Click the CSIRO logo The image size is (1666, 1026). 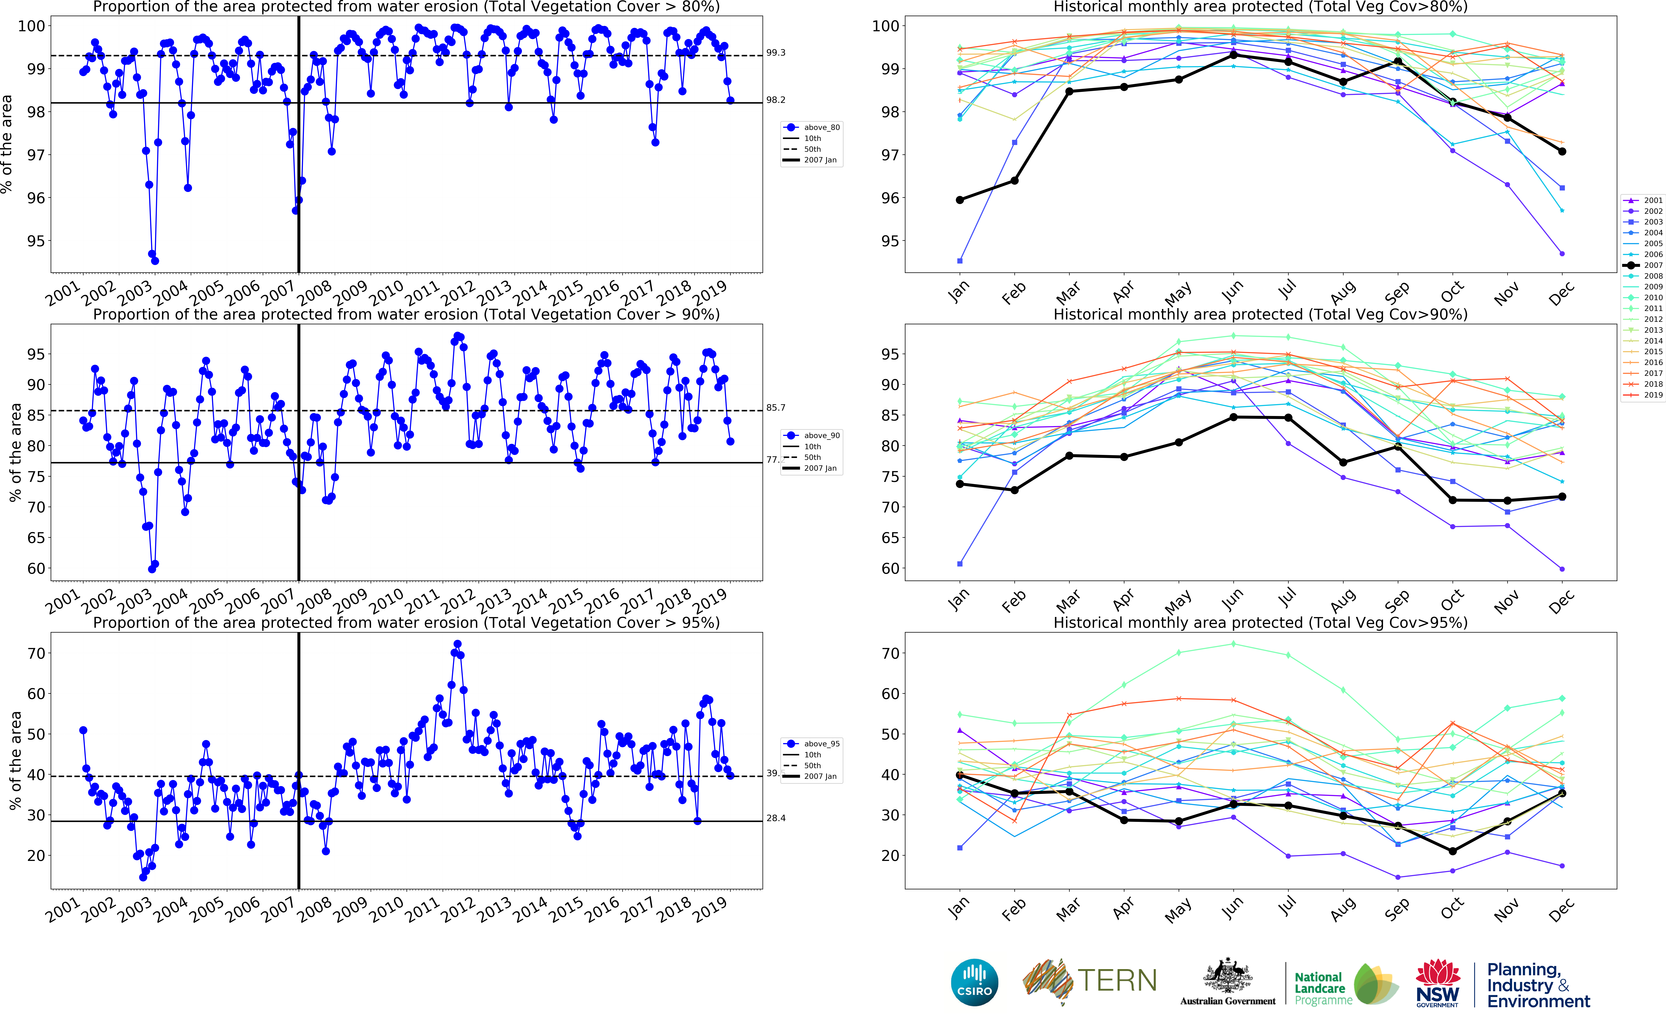click(x=975, y=983)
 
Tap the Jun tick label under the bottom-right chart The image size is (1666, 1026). click(x=1232, y=908)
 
